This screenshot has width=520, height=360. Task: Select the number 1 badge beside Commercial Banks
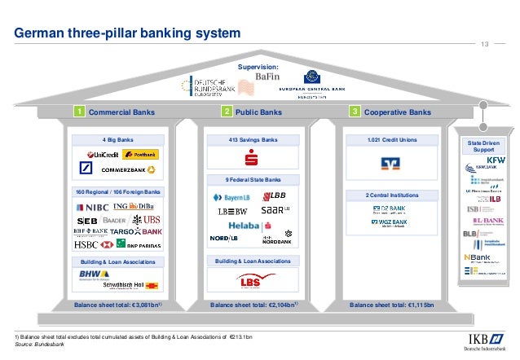pyautogui.click(x=80, y=112)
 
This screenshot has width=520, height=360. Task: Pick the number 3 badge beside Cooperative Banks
pyautogui.click(x=355, y=112)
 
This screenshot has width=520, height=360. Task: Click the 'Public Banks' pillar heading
pyautogui.click(x=258, y=112)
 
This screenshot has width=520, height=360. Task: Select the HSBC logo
pyautogui.click(x=87, y=244)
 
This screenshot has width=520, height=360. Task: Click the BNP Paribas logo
pyautogui.click(x=130, y=244)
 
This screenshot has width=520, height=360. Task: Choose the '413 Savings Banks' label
pyautogui.click(x=253, y=140)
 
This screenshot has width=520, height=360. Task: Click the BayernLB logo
pyautogui.click(x=230, y=198)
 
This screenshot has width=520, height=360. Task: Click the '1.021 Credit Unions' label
pyautogui.click(x=393, y=140)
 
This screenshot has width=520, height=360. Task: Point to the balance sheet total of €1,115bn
pyautogui.click(x=392, y=305)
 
